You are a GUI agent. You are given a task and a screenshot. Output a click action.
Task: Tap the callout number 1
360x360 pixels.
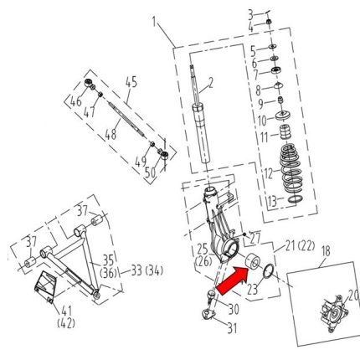tap(154, 18)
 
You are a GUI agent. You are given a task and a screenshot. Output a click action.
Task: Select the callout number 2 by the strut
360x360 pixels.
tap(211, 82)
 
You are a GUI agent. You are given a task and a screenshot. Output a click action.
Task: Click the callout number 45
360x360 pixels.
tap(131, 82)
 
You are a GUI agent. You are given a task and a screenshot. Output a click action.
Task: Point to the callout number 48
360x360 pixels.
tap(110, 133)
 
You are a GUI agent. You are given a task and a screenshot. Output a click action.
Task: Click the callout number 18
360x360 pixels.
tap(325, 250)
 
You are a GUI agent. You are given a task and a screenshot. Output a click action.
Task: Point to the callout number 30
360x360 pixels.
tap(233, 307)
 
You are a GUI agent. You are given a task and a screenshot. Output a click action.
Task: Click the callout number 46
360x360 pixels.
tap(74, 101)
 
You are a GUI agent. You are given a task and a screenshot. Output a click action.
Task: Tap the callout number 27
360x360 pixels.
tap(256, 237)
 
